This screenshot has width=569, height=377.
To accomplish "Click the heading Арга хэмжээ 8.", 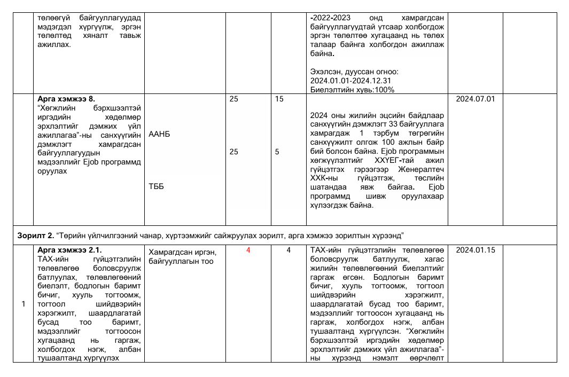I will point(66,99).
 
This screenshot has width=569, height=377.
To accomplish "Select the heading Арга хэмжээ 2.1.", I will point(69,250).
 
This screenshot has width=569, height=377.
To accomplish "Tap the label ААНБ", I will point(159,135).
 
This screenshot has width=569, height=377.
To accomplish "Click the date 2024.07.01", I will point(475,99).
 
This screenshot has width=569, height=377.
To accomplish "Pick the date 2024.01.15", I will point(475,250).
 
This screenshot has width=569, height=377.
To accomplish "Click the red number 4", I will point(248,250).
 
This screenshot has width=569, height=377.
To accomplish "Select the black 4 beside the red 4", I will point(289,250).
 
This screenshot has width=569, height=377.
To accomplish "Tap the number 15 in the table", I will point(279,99).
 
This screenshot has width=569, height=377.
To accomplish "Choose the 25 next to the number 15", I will point(233,99).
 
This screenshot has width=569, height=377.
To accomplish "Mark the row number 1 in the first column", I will point(23,304).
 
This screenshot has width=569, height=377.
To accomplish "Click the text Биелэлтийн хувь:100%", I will point(352,90).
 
